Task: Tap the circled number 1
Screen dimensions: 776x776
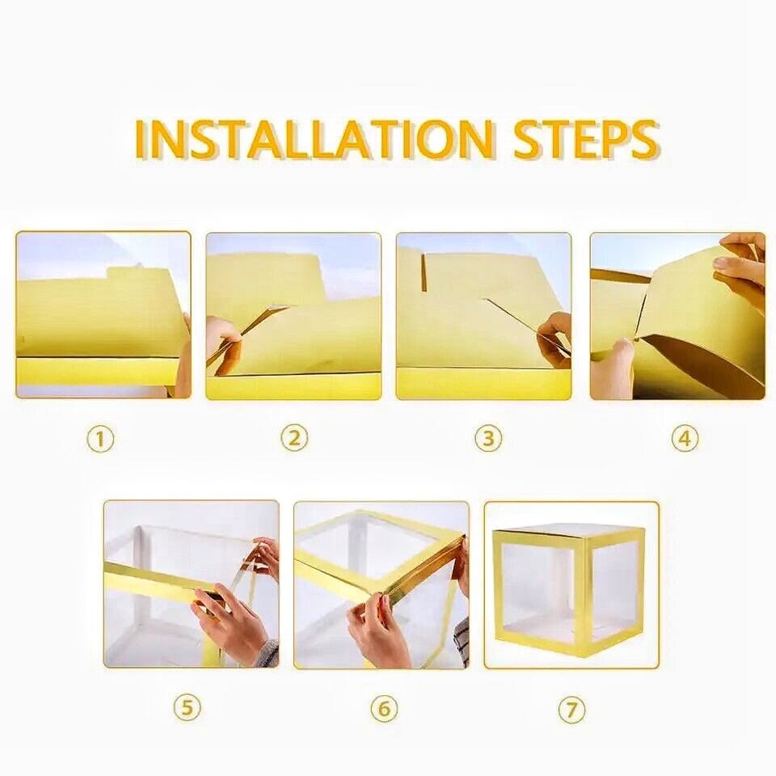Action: pos(101,440)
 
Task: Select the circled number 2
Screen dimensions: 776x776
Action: pos(294,438)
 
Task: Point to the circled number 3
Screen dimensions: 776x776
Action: pos(487,439)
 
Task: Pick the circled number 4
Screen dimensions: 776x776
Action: pos(684,439)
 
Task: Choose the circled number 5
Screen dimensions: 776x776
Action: pos(188,709)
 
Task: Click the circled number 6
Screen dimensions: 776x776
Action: pos(384,709)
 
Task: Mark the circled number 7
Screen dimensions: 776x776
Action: pos(571,711)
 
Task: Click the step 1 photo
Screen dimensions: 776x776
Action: pos(103,315)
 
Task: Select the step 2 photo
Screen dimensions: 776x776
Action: pos(293,316)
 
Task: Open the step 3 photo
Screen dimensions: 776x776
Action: pos(483,316)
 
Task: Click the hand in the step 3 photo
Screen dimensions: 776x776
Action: pos(555,336)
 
